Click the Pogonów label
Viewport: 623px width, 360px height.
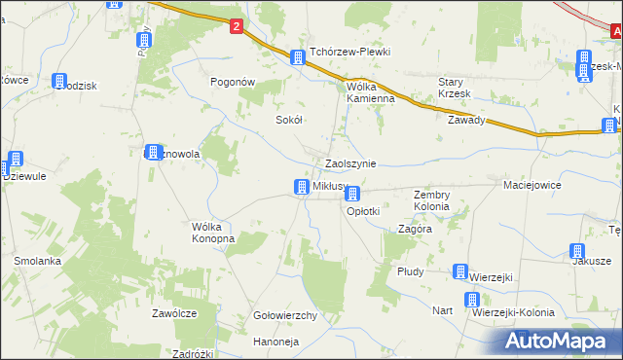tap(233, 83)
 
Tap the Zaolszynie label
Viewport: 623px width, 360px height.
tap(350, 164)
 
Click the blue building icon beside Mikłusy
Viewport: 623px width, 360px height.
tap(303, 186)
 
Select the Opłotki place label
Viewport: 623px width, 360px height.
tap(363, 210)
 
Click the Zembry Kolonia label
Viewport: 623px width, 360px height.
tap(431, 200)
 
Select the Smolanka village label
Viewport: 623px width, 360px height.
tap(38, 261)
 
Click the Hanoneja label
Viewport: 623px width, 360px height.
tap(275, 342)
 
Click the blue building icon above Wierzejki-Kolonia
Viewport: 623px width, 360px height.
tap(472, 301)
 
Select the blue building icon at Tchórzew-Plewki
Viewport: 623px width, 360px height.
tap(298, 57)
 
